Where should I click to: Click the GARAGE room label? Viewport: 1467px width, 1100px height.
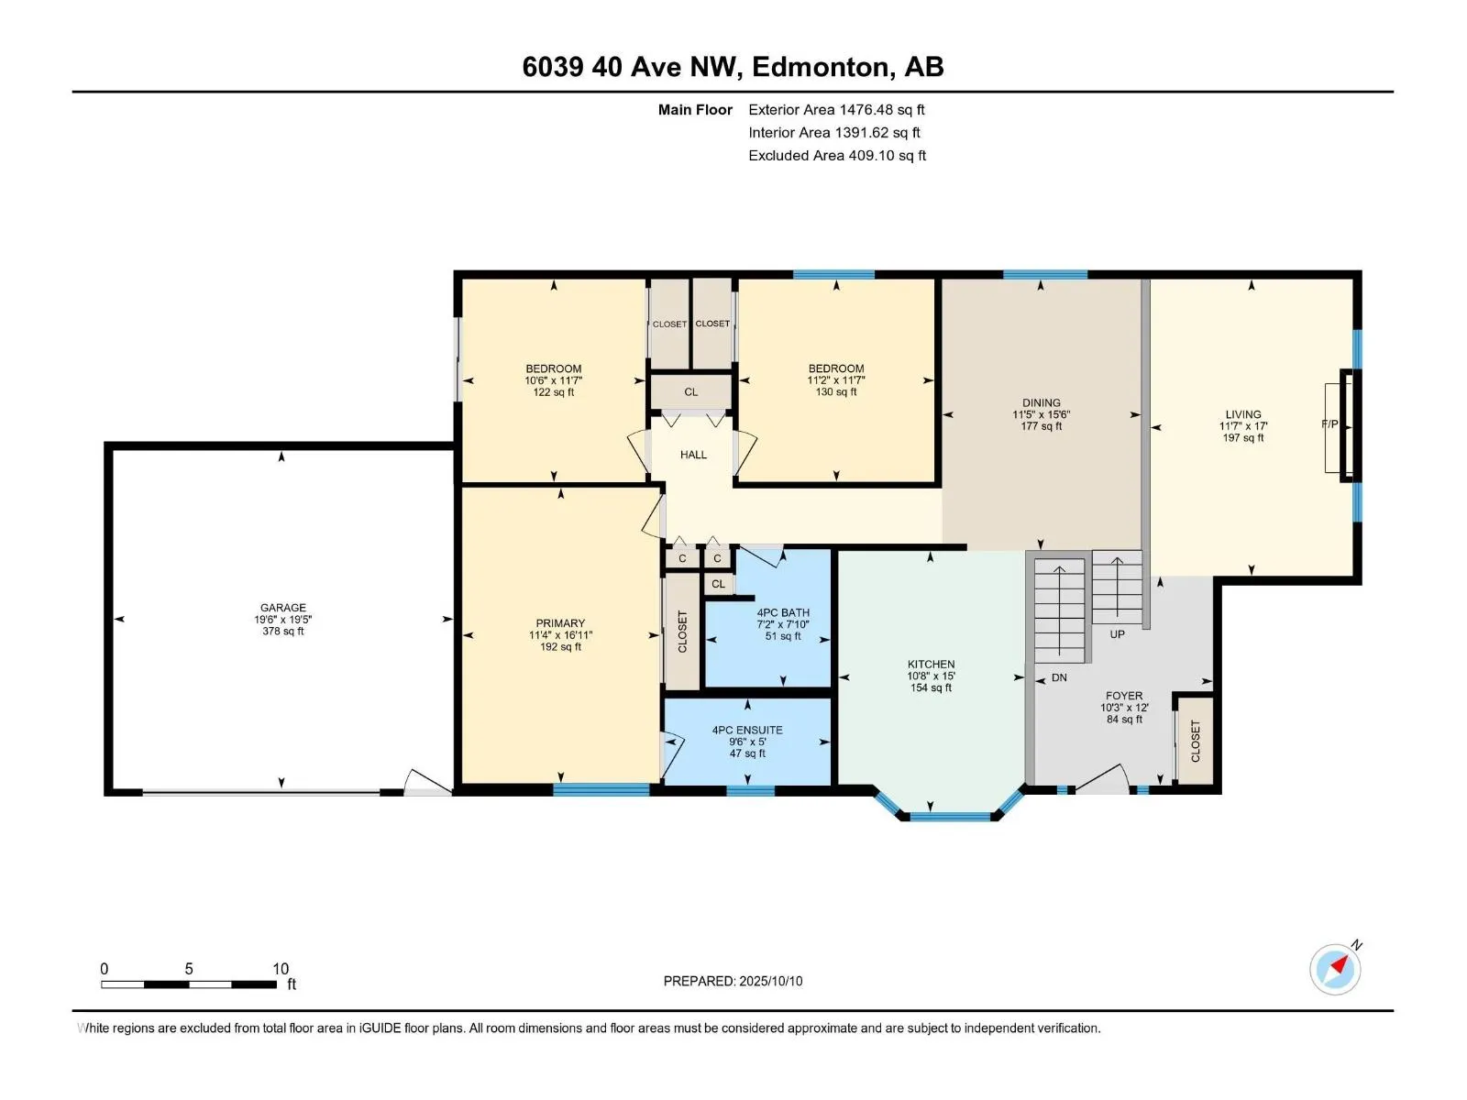(282, 608)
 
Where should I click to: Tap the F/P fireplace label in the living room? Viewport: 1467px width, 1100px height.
(1329, 424)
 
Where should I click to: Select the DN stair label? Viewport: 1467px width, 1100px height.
(1059, 677)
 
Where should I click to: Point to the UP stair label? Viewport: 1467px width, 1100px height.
(1117, 633)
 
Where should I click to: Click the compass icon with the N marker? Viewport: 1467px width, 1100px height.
(1335, 968)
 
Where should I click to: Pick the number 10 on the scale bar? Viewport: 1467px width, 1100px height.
(281, 968)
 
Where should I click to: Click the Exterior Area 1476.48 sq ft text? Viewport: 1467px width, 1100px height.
(836, 109)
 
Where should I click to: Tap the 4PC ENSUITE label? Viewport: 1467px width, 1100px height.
(747, 730)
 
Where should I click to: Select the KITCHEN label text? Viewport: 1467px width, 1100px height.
(931, 664)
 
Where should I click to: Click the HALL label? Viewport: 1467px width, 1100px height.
(693, 455)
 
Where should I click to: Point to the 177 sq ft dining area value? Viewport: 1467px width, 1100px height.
(1041, 426)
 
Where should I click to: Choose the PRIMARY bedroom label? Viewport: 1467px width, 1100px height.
(560, 623)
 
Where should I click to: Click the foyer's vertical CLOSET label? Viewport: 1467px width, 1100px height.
(1195, 742)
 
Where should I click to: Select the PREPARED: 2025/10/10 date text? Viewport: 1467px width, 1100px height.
(733, 981)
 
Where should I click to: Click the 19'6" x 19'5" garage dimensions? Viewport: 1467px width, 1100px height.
(282, 619)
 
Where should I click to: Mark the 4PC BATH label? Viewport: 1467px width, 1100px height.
(783, 612)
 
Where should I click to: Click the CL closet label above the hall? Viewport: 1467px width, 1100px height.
(691, 392)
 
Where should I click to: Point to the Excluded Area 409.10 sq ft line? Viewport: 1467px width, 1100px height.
(837, 156)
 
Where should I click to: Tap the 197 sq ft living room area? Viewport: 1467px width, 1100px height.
(1242, 437)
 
